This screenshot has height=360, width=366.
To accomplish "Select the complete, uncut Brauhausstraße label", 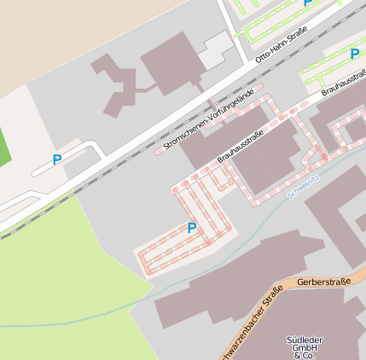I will coord(241,146).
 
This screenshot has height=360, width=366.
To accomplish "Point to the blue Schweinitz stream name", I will coord(305,186).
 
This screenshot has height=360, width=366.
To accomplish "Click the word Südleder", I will coord(305,340).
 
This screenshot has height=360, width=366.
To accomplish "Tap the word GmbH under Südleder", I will coord(305,348).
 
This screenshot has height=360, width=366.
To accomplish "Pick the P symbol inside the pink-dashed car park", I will coord(191,228).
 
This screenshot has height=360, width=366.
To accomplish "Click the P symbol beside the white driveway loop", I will coord(57,160).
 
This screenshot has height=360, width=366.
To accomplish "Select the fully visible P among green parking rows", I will coord(354,54).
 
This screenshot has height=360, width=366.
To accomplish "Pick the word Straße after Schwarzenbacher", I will coord(272,300).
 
